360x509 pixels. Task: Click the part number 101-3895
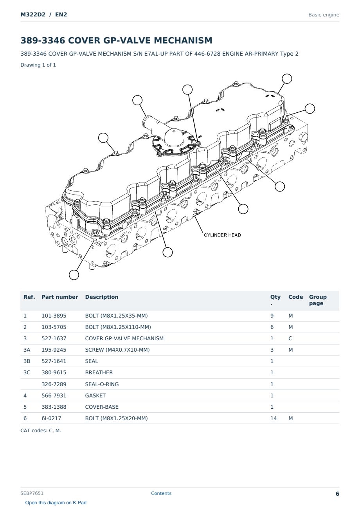pyautogui.click(x=54, y=316)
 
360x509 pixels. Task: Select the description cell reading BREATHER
pyautogui.click(x=99, y=372)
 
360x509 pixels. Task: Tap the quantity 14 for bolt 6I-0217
pyautogui.click(x=274, y=418)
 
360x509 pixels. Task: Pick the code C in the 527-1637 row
pyautogui.click(x=290, y=338)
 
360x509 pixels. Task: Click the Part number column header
pyautogui.click(x=60, y=297)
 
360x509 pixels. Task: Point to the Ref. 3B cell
pyautogui.click(x=27, y=361)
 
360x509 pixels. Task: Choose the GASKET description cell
pyautogui.click(x=95, y=395)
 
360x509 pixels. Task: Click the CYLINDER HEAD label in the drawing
pyautogui.click(x=222, y=235)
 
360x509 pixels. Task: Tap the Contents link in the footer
pyautogui.click(x=161, y=493)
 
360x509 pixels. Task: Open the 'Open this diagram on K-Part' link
pyautogui.click(x=56, y=502)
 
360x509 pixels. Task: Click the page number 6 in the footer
pyautogui.click(x=337, y=494)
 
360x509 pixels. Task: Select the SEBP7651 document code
pyautogui.click(x=32, y=493)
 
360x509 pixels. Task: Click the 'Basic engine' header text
pyautogui.click(x=324, y=15)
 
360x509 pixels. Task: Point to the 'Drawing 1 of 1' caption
pyautogui.click(x=38, y=65)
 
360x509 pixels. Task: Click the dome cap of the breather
pyautogui.click(x=174, y=137)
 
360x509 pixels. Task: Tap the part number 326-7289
pyautogui.click(x=54, y=384)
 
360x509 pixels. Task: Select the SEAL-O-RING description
pyautogui.click(x=102, y=384)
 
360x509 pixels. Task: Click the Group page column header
pyautogui.click(x=318, y=300)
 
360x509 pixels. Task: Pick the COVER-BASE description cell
pyautogui.click(x=102, y=407)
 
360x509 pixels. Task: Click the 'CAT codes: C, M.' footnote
pyautogui.click(x=41, y=430)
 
